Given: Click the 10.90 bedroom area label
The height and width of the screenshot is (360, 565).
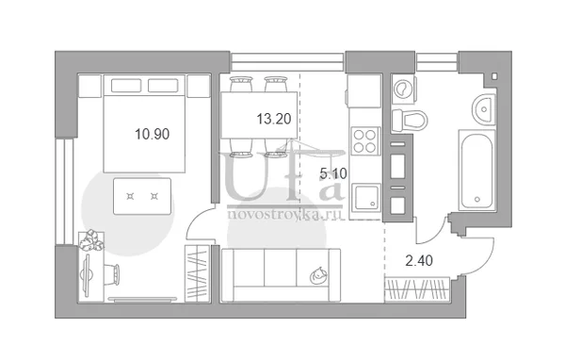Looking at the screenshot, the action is point(152,134).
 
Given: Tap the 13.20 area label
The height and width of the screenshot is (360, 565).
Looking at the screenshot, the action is point(273,119).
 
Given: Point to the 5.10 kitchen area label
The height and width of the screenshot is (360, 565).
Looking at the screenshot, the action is point(333,173).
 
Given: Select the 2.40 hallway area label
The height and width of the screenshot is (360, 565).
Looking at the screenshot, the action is point(419,260).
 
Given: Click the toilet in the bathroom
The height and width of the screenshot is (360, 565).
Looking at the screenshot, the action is point(410,120).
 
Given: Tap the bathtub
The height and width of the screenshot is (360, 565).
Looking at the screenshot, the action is point(476,171).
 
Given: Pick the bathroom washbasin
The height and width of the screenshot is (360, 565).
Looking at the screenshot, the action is point(483,109).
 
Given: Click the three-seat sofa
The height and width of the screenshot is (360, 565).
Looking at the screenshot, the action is point(281,275).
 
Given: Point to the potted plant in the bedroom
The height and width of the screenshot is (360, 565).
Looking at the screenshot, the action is point(91,240).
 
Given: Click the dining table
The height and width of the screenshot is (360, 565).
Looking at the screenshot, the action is point(259,115).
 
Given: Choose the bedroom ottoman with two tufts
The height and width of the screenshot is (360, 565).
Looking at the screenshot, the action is point(142,196).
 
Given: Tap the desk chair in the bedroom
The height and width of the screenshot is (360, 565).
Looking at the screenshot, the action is point(111,274).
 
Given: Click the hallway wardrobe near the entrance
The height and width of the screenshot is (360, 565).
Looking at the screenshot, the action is point(417,289).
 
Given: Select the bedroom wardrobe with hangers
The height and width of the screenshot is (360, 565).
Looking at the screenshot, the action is point(198,273).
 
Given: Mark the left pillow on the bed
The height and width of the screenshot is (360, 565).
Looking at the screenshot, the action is point(126,86).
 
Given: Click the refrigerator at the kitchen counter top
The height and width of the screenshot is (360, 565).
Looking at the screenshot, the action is point(363,91).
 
